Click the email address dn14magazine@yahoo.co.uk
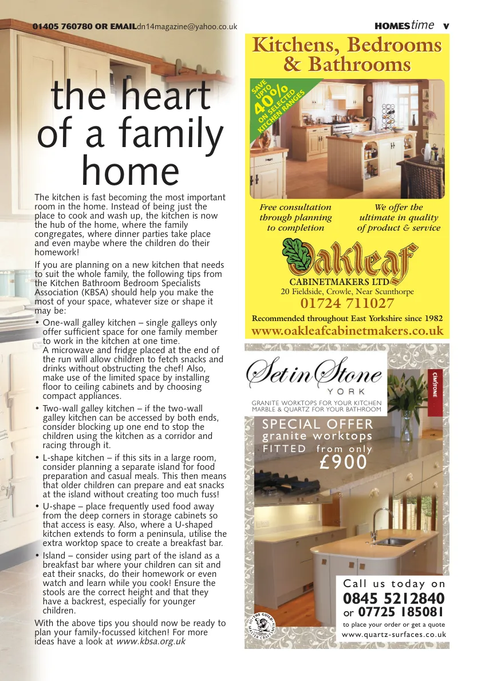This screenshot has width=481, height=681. point(187,26)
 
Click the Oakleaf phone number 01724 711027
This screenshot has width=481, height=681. point(347,303)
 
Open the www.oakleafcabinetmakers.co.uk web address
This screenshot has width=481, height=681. point(348,331)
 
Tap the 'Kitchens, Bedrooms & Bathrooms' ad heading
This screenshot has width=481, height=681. point(347,54)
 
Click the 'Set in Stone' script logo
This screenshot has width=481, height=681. point(314,374)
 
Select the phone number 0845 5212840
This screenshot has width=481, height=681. point(394,599)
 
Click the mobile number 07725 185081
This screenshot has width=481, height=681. point(401,612)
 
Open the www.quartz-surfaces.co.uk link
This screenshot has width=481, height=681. point(394,635)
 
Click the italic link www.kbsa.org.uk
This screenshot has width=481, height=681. point(151,642)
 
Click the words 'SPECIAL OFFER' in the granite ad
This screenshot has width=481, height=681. point(317,425)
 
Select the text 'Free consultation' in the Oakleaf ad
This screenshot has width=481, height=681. point(295,207)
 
